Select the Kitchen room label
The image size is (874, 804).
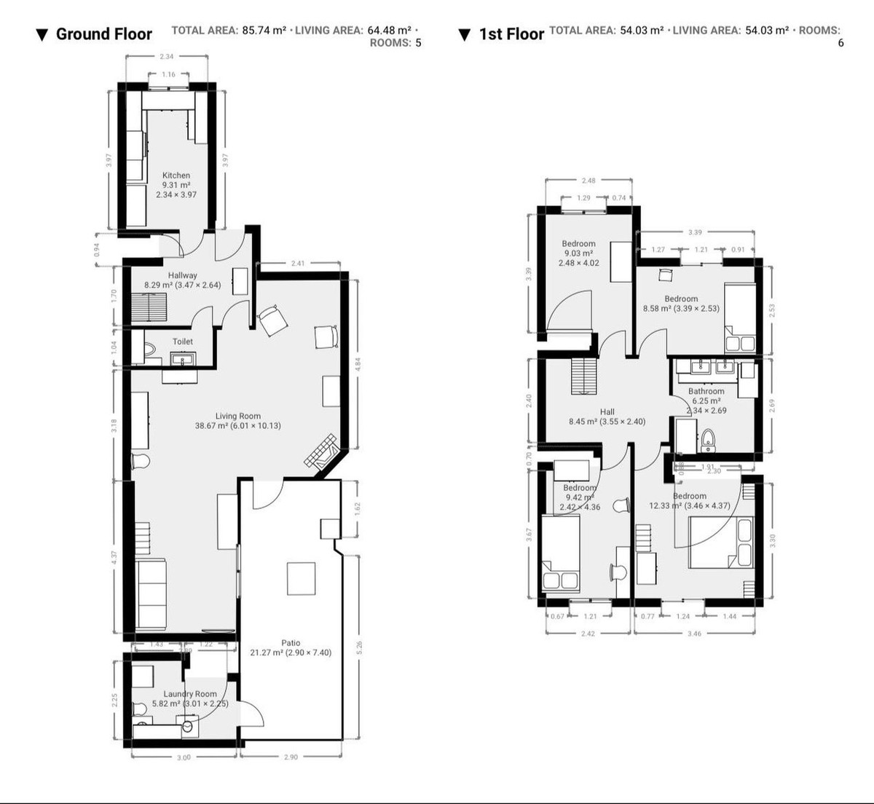[x=176, y=176]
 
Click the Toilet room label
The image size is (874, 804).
[x=183, y=342]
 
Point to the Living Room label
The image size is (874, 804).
[x=237, y=417]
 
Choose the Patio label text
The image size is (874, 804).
[x=291, y=643]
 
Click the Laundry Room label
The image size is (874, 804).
[x=189, y=694]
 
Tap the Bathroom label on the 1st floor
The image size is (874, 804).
[x=706, y=391]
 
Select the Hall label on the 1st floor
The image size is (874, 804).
[x=607, y=411]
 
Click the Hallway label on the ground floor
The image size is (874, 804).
[x=182, y=275]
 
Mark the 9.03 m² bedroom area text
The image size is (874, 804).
[x=578, y=253]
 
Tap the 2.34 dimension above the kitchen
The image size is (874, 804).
[x=166, y=56]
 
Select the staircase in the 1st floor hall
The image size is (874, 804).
[x=584, y=376]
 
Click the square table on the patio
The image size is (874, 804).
[x=302, y=579]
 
